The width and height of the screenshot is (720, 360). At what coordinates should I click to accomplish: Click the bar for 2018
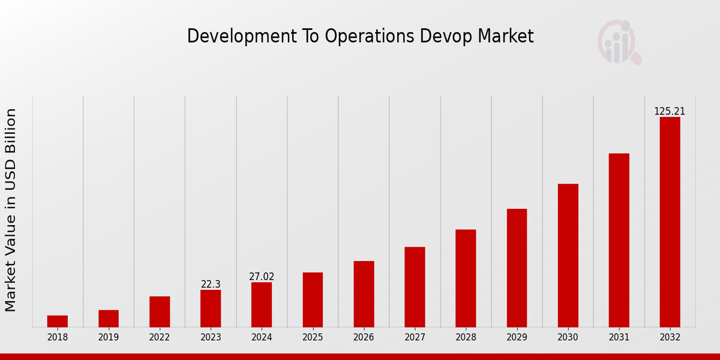coord(58,321)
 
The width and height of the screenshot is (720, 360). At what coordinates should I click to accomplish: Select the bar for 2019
coord(109,319)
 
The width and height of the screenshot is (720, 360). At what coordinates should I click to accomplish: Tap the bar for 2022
coord(160,311)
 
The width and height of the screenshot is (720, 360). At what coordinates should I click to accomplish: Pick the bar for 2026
coord(364,294)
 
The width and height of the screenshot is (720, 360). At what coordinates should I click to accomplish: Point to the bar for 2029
coord(517,268)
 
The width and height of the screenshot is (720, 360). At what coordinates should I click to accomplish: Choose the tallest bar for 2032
coord(670,222)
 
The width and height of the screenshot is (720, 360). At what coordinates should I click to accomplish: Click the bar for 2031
coord(619,240)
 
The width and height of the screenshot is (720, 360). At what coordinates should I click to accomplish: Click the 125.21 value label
coord(670,112)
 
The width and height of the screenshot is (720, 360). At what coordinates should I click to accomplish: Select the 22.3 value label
coord(211,284)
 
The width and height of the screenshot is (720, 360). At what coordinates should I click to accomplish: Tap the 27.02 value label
coord(262,277)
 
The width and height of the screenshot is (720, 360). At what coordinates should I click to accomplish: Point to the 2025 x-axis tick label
coord(313,337)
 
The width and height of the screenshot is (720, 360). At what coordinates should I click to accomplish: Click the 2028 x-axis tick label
coord(466,337)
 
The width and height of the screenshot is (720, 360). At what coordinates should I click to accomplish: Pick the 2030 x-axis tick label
coord(568,337)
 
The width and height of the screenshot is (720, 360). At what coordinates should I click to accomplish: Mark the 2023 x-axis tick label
coord(211,337)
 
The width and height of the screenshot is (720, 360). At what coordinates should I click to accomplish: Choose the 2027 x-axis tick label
coord(415,337)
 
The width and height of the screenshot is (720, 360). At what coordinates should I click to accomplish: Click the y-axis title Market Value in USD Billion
coord(11,210)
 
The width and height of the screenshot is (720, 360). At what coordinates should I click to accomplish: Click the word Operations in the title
coord(370,37)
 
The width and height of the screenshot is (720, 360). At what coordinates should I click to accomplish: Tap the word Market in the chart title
coord(505,36)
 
